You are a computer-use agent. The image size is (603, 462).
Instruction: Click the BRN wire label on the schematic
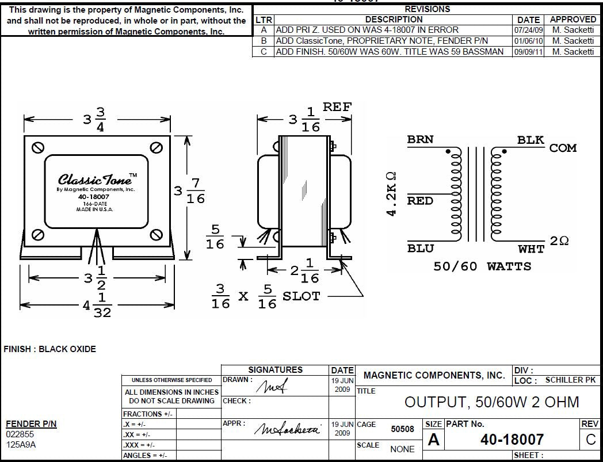coord(420,140)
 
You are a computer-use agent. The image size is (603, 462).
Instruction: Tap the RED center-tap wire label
coord(420,201)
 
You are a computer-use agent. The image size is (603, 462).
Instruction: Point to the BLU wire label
coord(420,249)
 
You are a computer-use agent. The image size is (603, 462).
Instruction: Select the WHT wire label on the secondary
coord(531,249)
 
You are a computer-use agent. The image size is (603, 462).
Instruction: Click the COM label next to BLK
coord(563,148)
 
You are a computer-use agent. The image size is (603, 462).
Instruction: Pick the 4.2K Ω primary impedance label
coord(391,193)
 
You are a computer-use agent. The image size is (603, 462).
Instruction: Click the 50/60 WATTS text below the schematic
coord(482,266)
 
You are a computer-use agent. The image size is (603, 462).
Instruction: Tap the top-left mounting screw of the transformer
coord(39,147)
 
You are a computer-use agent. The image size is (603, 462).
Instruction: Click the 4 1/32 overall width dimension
coord(96,306)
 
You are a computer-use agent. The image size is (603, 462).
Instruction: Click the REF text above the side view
coord(337,107)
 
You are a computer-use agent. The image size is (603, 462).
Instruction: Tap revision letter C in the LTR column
coord(264,52)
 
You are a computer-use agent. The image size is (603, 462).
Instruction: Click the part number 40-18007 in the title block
coord(512,440)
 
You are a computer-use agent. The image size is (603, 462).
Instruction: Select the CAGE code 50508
coord(402,429)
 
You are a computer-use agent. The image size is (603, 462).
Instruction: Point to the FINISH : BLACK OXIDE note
coord(50,349)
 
